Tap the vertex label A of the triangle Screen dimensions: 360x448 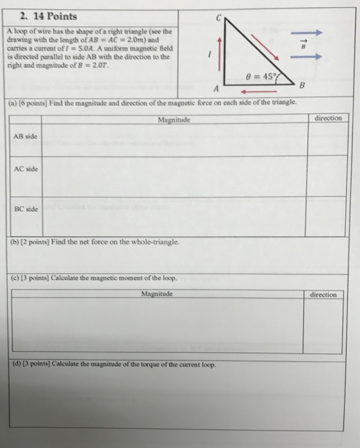tap(217, 88)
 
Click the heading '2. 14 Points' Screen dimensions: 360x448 tap(48, 16)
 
